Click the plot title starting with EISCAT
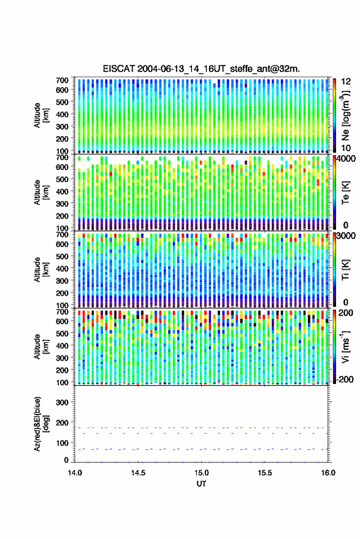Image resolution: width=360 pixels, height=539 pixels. point(202,69)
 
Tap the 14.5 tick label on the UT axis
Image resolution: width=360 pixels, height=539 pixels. point(138,473)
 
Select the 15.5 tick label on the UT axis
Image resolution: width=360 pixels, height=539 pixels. point(265,473)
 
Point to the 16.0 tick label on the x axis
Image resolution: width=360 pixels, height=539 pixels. point(328,473)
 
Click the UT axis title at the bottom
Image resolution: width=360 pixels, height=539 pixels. point(202,484)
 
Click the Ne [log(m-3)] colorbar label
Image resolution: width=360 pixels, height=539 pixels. point(345,115)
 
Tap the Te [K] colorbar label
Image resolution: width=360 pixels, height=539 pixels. point(345,193)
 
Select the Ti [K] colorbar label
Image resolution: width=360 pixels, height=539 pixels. point(345,270)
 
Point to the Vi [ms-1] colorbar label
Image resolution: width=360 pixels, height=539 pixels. point(345,346)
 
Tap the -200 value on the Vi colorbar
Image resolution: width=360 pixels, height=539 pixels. point(343,379)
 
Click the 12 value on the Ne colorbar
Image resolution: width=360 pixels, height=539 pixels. point(347,82)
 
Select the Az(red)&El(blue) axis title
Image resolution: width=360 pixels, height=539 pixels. point(41,424)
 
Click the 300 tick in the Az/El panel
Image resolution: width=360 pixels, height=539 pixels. point(62,402)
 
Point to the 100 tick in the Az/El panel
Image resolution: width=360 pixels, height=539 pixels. point(62,443)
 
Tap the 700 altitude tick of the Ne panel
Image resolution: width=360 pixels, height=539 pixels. point(62,80)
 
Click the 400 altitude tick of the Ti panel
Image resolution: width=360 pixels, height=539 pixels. point(62,269)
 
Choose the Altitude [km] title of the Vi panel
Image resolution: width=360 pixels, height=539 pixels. point(41,346)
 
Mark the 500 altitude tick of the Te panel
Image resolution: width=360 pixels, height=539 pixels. point(62,179)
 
